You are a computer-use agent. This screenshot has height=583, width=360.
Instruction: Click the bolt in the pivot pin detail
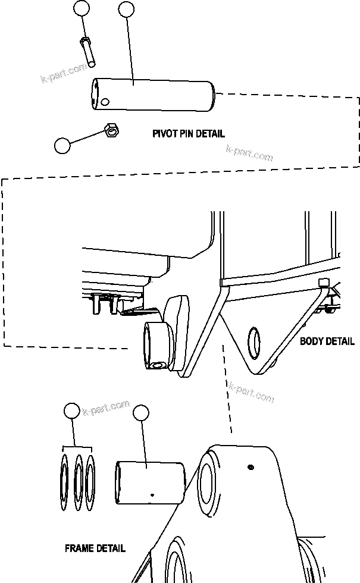point(88,52)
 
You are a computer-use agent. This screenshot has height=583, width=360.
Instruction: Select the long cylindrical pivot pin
point(152,95)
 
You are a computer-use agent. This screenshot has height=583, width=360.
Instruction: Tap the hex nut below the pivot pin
point(111,130)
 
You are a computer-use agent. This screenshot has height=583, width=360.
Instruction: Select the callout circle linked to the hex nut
point(62,146)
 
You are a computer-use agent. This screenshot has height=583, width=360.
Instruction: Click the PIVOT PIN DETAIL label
point(189,133)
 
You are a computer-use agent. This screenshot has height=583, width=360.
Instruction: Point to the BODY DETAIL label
point(327,341)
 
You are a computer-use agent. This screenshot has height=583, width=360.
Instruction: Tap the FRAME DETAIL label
point(95,548)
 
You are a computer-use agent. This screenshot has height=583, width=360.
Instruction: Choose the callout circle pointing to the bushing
point(140,414)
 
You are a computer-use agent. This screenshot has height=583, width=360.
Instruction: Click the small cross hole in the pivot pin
point(105,102)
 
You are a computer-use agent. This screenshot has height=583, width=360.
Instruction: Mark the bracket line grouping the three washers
point(77,446)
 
